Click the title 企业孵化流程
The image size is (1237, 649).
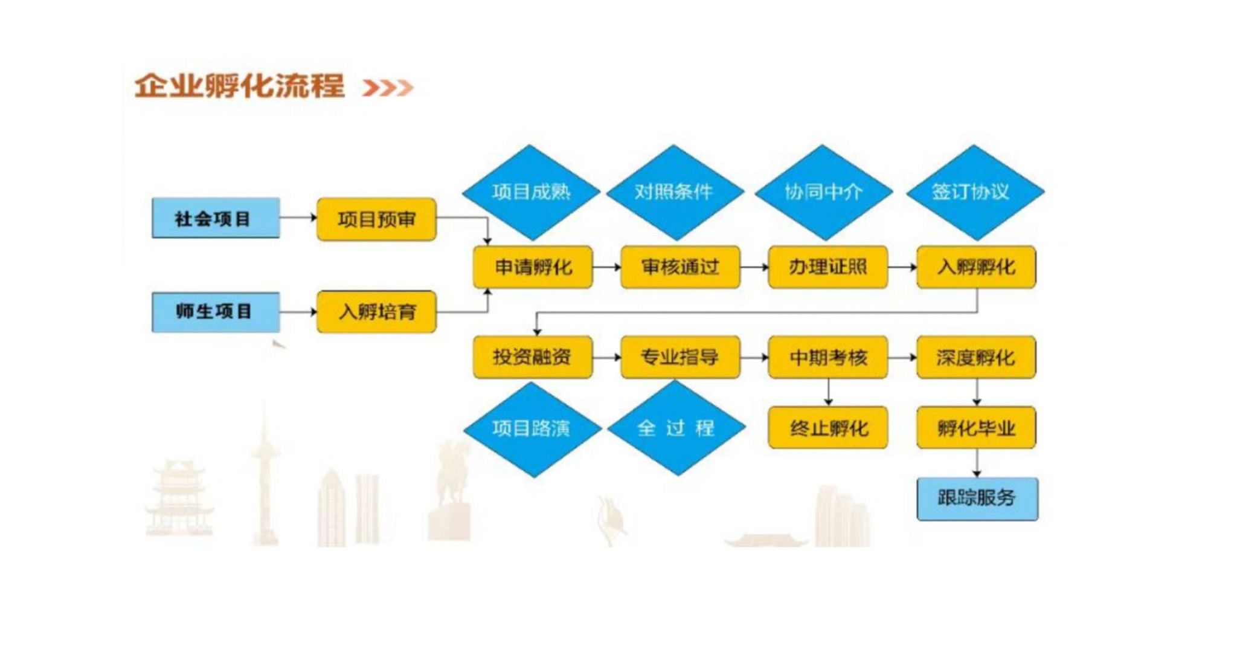click(239, 86)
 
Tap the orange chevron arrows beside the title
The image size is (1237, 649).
click(388, 88)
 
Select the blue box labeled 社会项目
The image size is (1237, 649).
click(216, 218)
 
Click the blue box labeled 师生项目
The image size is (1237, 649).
click(216, 312)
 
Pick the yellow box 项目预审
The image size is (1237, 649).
click(376, 219)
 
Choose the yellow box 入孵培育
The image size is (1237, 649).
click(376, 312)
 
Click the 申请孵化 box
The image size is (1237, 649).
click(533, 267)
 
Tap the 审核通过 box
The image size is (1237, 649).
click(680, 267)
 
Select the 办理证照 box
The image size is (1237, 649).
click(827, 267)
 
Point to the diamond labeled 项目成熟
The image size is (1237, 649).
click(531, 192)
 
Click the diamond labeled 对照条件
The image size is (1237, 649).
click(674, 192)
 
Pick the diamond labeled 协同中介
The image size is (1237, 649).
click(823, 192)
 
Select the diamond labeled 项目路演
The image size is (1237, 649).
click(532, 428)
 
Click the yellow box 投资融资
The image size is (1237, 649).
click(532, 357)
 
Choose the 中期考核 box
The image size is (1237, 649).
click(827, 358)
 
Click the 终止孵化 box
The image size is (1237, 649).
click(827, 428)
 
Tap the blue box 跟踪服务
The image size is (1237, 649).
click(977, 499)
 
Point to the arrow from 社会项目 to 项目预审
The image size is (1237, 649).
click(298, 218)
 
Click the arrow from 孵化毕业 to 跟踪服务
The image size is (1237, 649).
click(977, 463)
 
